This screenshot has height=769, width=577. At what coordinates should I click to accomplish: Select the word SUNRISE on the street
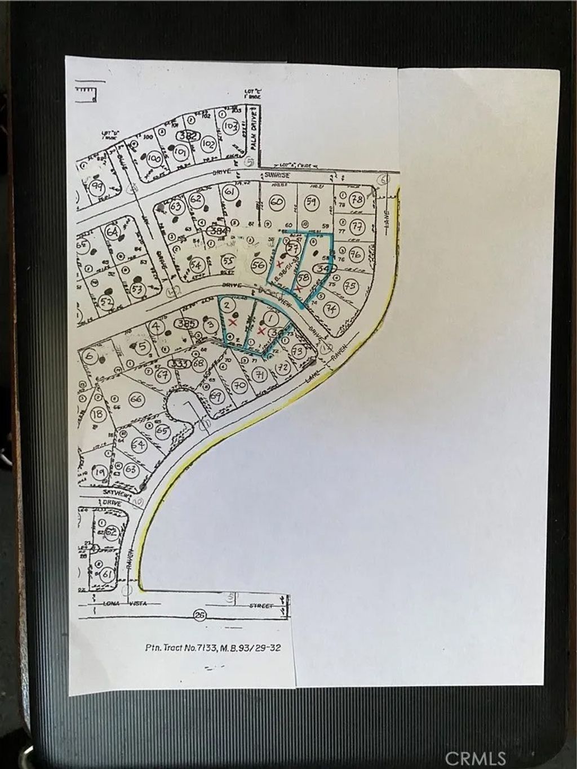click(x=277, y=176)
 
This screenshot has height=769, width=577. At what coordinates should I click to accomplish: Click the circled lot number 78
click(x=356, y=200)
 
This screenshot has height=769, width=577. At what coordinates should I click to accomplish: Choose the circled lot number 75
click(x=350, y=286)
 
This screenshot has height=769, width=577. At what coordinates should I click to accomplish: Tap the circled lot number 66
click(x=135, y=399)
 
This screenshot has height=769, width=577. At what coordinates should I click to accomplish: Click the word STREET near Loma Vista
click(x=262, y=606)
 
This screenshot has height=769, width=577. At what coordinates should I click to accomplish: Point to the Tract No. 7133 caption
click(x=211, y=648)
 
